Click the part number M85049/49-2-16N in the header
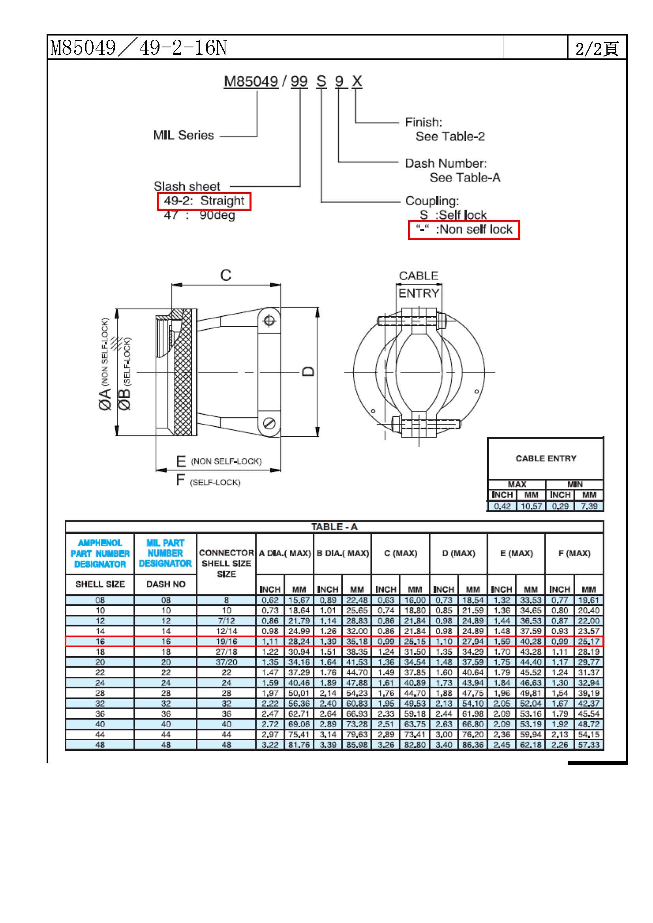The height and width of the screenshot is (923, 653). point(138,47)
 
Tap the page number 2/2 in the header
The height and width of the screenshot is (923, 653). point(597,49)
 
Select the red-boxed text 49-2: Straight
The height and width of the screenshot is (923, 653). point(204,200)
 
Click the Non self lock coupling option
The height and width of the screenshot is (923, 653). point(463,230)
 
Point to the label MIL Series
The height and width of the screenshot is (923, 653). point(183,135)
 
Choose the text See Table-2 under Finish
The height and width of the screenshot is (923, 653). point(450,137)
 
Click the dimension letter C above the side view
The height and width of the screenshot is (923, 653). point(225,275)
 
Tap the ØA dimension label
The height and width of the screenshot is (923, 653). point(105,399)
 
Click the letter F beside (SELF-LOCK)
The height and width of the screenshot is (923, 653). point(180,479)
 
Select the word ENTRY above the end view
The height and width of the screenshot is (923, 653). point(418,294)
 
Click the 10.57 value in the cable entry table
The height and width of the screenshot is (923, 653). point(531,506)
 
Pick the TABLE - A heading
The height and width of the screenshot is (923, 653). point(334,527)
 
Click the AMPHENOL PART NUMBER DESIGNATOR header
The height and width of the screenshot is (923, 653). point(100,554)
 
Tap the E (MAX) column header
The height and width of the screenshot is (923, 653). point(516,553)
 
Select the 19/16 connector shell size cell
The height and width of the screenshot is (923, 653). point(226,641)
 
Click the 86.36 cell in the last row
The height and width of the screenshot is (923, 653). point(473,745)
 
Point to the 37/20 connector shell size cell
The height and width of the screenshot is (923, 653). point(226,662)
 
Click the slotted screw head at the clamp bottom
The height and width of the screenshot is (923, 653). point(269,423)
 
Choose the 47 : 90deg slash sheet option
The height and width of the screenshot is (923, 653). point(199,215)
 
